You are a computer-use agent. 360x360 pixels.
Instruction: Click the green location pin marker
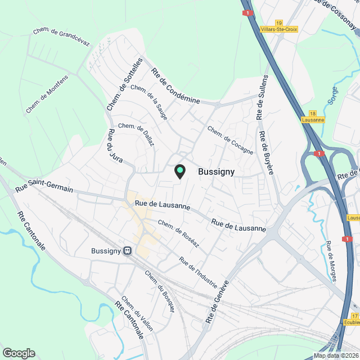[x=180, y=171]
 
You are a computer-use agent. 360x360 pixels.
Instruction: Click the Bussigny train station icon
[x=128, y=251]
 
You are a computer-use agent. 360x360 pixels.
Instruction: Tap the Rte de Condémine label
[x=175, y=85]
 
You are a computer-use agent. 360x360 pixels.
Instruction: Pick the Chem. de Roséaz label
[x=178, y=231]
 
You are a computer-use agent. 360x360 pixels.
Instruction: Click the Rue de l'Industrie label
[x=197, y=272]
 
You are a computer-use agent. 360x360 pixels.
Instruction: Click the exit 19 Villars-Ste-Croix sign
[x=279, y=25]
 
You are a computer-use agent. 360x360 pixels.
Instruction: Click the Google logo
[x=19, y=353]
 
